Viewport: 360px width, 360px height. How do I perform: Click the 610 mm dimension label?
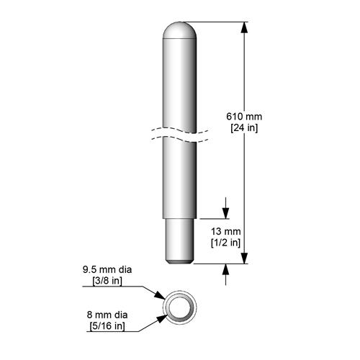[243, 116]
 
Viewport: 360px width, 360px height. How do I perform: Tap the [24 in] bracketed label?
[243, 127]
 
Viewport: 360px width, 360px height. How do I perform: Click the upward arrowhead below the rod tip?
[227, 269]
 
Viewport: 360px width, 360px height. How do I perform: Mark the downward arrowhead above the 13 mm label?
[227, 212]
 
